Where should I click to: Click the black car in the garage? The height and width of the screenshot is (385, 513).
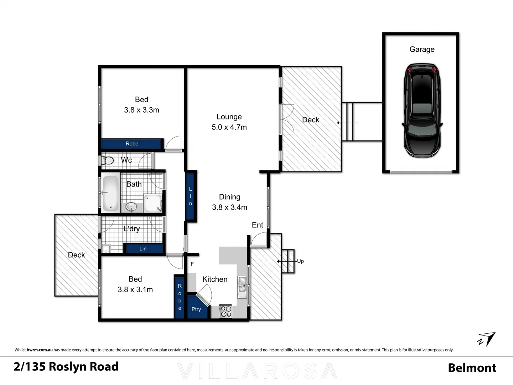(422, 111)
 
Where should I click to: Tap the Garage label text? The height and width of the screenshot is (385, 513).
(422, 49)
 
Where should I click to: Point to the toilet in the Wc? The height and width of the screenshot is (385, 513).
(108, 160)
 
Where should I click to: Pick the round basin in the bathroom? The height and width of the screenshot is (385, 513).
(131, 206)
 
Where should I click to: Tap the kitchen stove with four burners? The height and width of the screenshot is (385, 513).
(225, 311)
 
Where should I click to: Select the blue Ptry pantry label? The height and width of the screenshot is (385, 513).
(196, 309)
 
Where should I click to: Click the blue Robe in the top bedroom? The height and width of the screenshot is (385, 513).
(131, 144)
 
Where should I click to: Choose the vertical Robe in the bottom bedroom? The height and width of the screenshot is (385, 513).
(180, 297)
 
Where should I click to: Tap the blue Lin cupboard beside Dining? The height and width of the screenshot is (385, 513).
(190, 196)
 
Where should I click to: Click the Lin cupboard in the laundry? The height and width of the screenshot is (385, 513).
(143, 248)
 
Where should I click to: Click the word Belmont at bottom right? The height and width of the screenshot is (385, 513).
(472, 368)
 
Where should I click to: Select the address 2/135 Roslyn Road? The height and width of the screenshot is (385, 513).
(66, 366)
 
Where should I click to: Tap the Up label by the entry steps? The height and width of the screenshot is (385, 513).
(300, 261)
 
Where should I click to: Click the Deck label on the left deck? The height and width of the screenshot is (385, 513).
(76, 255)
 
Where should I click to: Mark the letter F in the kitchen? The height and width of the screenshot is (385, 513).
(192, 264)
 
